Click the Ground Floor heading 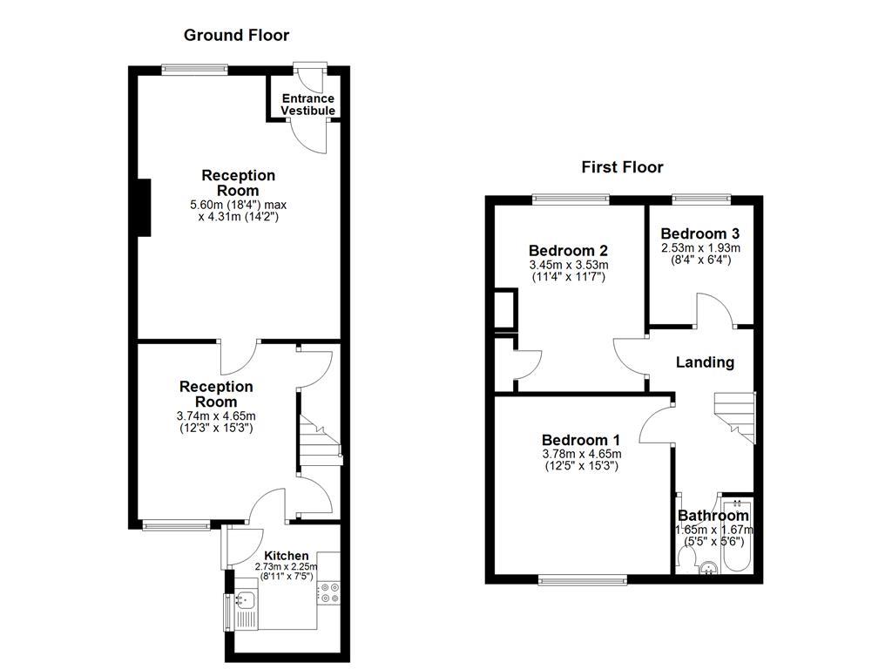tap(236, 36)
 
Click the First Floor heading tap(622, 167)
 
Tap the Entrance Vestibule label tap(307, 105)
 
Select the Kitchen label tap(287, 556)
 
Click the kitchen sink tap(245, 599)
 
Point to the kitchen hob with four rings tap(329, 593)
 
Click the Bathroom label tap(713, 516)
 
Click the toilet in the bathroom tap(684, 557)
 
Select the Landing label tap(705, 362)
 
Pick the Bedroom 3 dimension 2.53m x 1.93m tap(700, 247)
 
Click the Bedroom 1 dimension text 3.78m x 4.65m tap(581, 454)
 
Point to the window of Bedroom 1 tap(582, 579)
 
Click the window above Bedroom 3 tap(699, 199)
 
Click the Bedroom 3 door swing tap(716, 311)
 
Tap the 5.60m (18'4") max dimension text tap(238, 205)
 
